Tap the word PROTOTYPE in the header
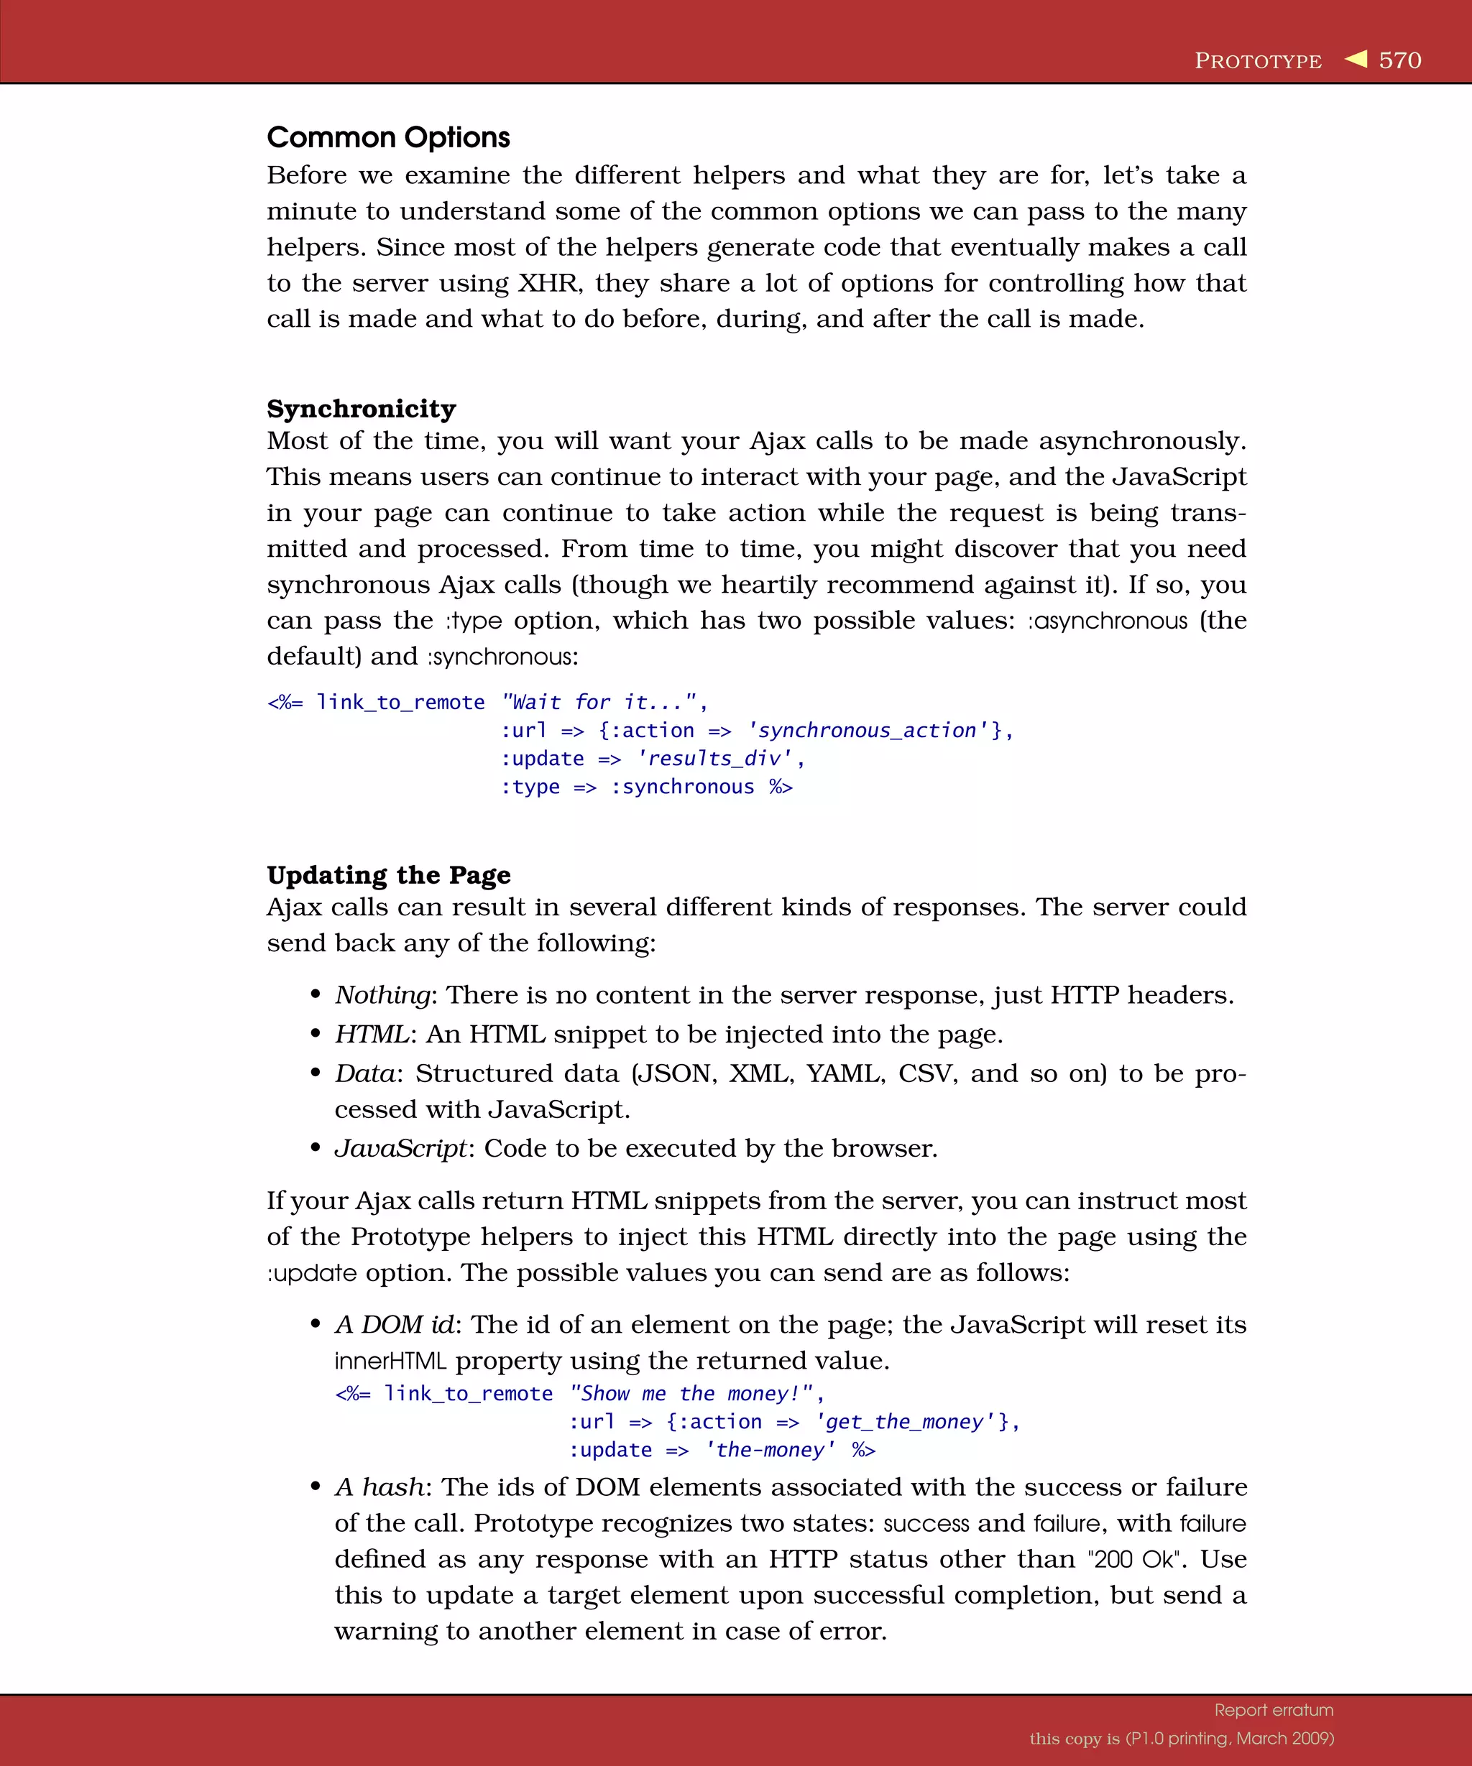[1258, 61]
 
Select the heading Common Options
[388, 137]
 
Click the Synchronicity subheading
[361, 409]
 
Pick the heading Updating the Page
[389, 874]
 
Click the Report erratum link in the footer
[1274, 1710]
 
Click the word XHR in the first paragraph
[548, 283]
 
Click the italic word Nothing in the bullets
[382, 995]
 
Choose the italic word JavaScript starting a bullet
[400, 1149]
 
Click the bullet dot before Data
[316, 1073]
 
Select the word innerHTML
[390, 1361]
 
